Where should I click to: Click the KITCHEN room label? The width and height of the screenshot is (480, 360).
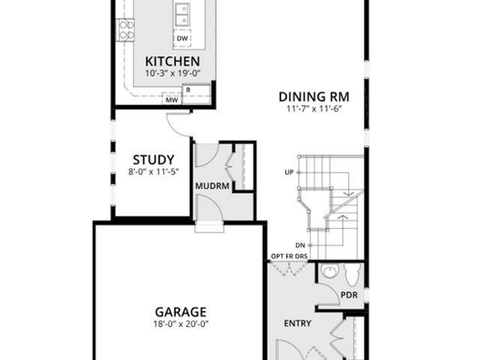coord(172,61)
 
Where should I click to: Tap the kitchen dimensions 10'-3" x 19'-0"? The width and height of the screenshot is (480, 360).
coord(172,73)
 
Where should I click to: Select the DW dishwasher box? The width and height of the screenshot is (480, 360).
coord(182,37)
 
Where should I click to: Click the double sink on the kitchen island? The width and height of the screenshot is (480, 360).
coord(181,13)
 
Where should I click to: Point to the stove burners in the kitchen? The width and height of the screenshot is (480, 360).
coord(126,29)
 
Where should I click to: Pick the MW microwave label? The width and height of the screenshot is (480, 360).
coord(171,99)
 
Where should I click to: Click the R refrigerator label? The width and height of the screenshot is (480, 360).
coord(187,91)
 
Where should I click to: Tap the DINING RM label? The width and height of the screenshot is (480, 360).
coord(314,96)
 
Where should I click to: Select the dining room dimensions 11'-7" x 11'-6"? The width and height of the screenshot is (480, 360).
coord(314,109)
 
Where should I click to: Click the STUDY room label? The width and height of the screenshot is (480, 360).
coord(154,160)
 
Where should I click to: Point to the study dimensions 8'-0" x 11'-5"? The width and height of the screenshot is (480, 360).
coord(154,172)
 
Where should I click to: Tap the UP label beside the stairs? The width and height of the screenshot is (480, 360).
coord(289,172)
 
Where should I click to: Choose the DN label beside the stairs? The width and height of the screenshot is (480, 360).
coord(300,245)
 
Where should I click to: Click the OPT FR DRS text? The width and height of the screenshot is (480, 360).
coord(289,257)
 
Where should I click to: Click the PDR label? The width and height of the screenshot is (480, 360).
coord(349,295)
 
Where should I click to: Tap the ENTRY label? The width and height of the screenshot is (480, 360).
coord(297,323)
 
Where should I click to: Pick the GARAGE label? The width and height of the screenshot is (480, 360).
coord(181,311)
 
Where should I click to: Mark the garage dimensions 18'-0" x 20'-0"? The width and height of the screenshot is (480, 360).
coord(181,324)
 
